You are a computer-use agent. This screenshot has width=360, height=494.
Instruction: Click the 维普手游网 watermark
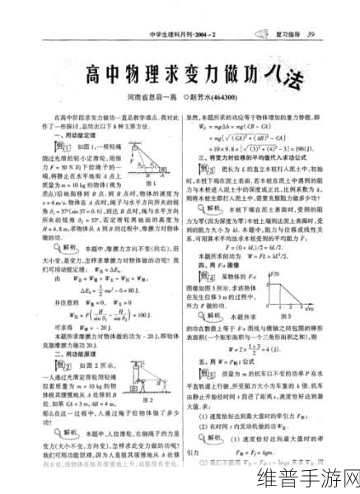[x=307, y=469]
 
